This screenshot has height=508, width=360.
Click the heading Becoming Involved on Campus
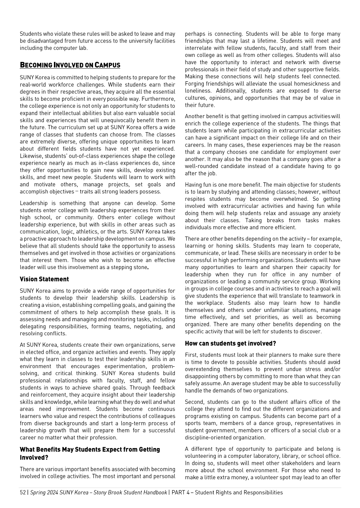[x=70, y=65]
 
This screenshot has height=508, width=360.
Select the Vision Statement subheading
[x=44, y=279]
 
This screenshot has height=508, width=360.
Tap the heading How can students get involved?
[x=230, y=344]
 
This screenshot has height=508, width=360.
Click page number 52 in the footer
[x=23, y=492]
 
